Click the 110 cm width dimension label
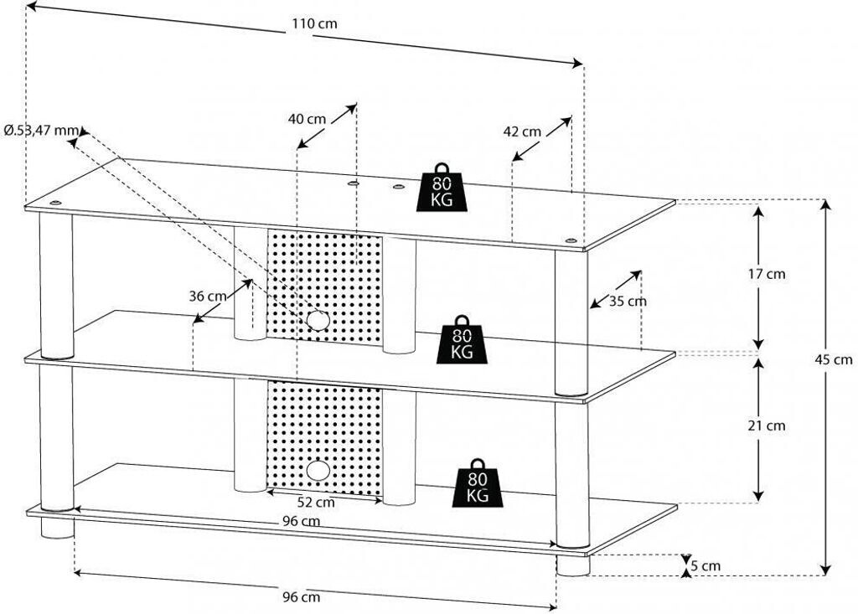(x=314, y=23)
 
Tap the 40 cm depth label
(x=307, y=119)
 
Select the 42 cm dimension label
(x=522, y=132)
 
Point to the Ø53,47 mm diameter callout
(x=41, y=130)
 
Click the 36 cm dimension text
(x=208, y=296)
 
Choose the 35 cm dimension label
(x=628, y=301)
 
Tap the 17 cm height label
(x=767, y=274)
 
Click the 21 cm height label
(x=767, y=426)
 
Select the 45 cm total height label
(x=834, y=359)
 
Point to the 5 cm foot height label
(x=706, y=566)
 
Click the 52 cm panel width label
(x=316, y=501)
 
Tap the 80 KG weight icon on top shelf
(x=442, y=187)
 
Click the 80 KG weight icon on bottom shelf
(x=478, y=482)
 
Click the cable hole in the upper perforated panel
(x=318, y=320)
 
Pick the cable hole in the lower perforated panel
(x=318, y=470)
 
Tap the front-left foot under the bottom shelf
(x=57, y=528)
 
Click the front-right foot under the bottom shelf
(x=573, y=565)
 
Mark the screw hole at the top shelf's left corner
(x=54, y=203)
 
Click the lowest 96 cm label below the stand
(x=301, y=596)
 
